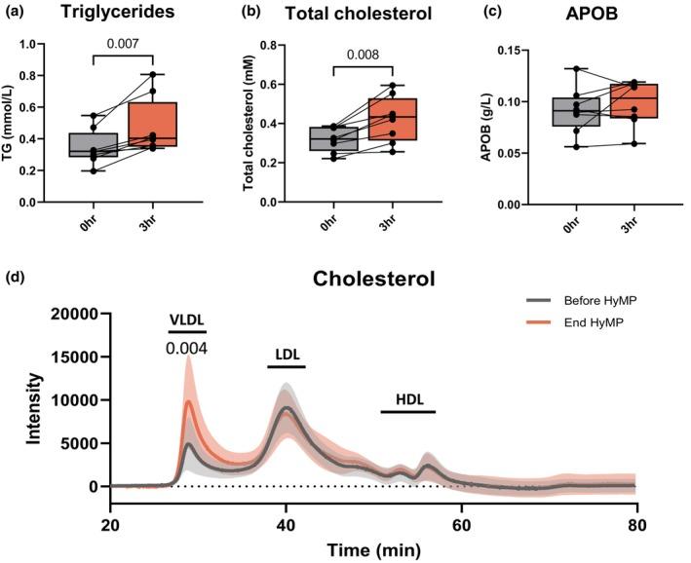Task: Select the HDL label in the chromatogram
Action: pyautogui.click(x=408, y=400)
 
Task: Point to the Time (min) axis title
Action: pyautogui.click(x=374, y=549)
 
